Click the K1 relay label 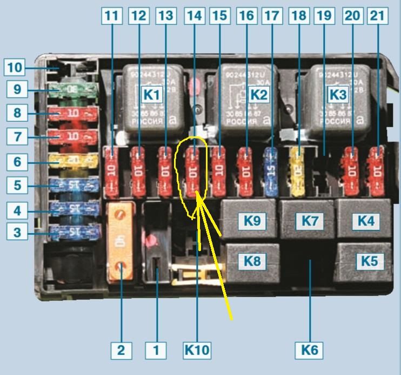[x=152, y=95]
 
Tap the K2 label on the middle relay [x=259, y=95]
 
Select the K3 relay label [x=338, y=95]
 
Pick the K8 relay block [x=252, y=261]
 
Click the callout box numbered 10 [x=15, y=68]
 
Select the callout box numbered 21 [x=377, y=16]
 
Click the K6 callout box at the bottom [x=309, y=350]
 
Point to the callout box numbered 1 [x=156, y=350]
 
